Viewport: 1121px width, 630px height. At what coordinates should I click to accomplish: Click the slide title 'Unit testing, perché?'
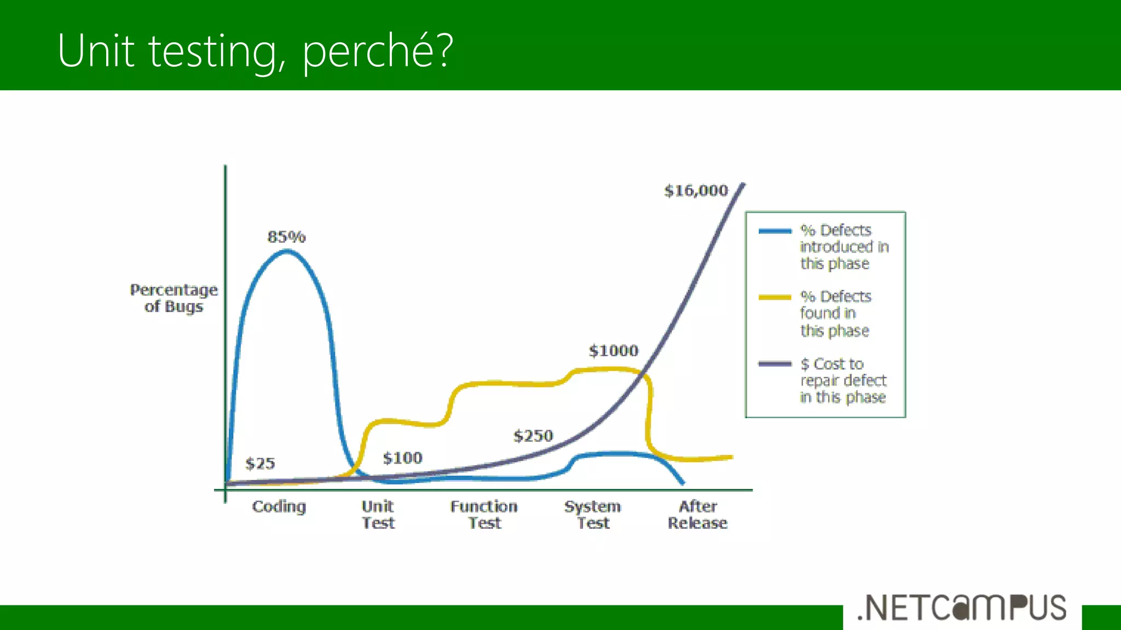[x=255, y=50]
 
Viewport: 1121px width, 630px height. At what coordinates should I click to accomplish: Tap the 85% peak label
[x=286, y=237]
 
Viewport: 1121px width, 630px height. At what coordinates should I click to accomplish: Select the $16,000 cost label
[x=696, y=191]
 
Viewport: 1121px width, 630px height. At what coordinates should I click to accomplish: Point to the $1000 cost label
[x=613, y=351]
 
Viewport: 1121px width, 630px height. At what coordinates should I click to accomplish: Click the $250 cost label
[x=533, y=436]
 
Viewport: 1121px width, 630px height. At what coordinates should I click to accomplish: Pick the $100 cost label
[x=402, y=458]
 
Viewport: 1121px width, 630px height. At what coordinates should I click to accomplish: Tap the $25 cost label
[x=260, y=464]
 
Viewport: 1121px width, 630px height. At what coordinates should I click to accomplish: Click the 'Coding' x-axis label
[x=279, y=507]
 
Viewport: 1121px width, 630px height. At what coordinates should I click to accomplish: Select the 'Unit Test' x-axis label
[x=378, y=515]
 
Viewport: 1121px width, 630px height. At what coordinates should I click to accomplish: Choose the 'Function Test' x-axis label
[x=484, y=515]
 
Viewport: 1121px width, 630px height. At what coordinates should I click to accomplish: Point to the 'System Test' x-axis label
[x=593, y=515]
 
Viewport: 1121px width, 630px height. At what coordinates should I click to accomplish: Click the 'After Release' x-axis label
[x=697, y=515]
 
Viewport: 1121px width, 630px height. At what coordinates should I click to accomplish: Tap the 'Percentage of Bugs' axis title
[x=174, y=298]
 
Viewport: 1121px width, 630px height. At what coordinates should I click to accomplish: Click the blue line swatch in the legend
[x=775, y=231]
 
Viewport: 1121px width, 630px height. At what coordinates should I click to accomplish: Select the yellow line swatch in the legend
[x=775, y=297]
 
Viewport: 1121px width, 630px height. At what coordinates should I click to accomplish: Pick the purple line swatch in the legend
[x=775, y=364]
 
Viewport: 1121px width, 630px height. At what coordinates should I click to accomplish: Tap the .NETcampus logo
[x=962, y=608]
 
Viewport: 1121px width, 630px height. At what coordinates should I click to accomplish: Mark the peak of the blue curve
[x=287, y=252]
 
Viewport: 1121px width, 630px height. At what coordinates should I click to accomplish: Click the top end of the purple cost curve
[x=743, y=184]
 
